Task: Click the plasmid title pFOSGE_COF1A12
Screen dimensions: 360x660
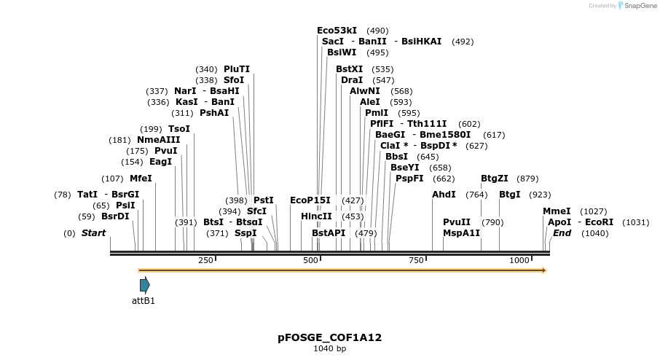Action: coord(329,337)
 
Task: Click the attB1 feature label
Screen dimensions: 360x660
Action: coord(143,300)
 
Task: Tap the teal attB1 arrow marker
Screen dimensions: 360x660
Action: coord(145,285)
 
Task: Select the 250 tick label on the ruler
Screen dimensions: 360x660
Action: coord(205,260)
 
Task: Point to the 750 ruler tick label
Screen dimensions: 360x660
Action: coord(416,260)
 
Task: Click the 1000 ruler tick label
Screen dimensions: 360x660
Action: coord(519,260)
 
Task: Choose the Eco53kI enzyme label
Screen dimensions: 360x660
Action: coord(337,31)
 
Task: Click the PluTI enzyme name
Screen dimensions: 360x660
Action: coord(237,69)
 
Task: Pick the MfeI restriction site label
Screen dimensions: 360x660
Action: coord(141,179)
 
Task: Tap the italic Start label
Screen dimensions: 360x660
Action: coord(93,233)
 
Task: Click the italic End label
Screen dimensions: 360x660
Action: coord(562,233)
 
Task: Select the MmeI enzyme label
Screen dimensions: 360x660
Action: coord(557,211)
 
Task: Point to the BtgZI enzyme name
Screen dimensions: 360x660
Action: coord(495,179)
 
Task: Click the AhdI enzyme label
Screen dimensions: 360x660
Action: coord(444,195)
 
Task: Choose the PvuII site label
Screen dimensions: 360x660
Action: coord(457,222)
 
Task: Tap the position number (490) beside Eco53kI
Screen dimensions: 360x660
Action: coord(377,31)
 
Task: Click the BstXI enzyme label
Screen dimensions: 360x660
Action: coord(349,69)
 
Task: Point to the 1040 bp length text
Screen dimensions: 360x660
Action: coord(329,349)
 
